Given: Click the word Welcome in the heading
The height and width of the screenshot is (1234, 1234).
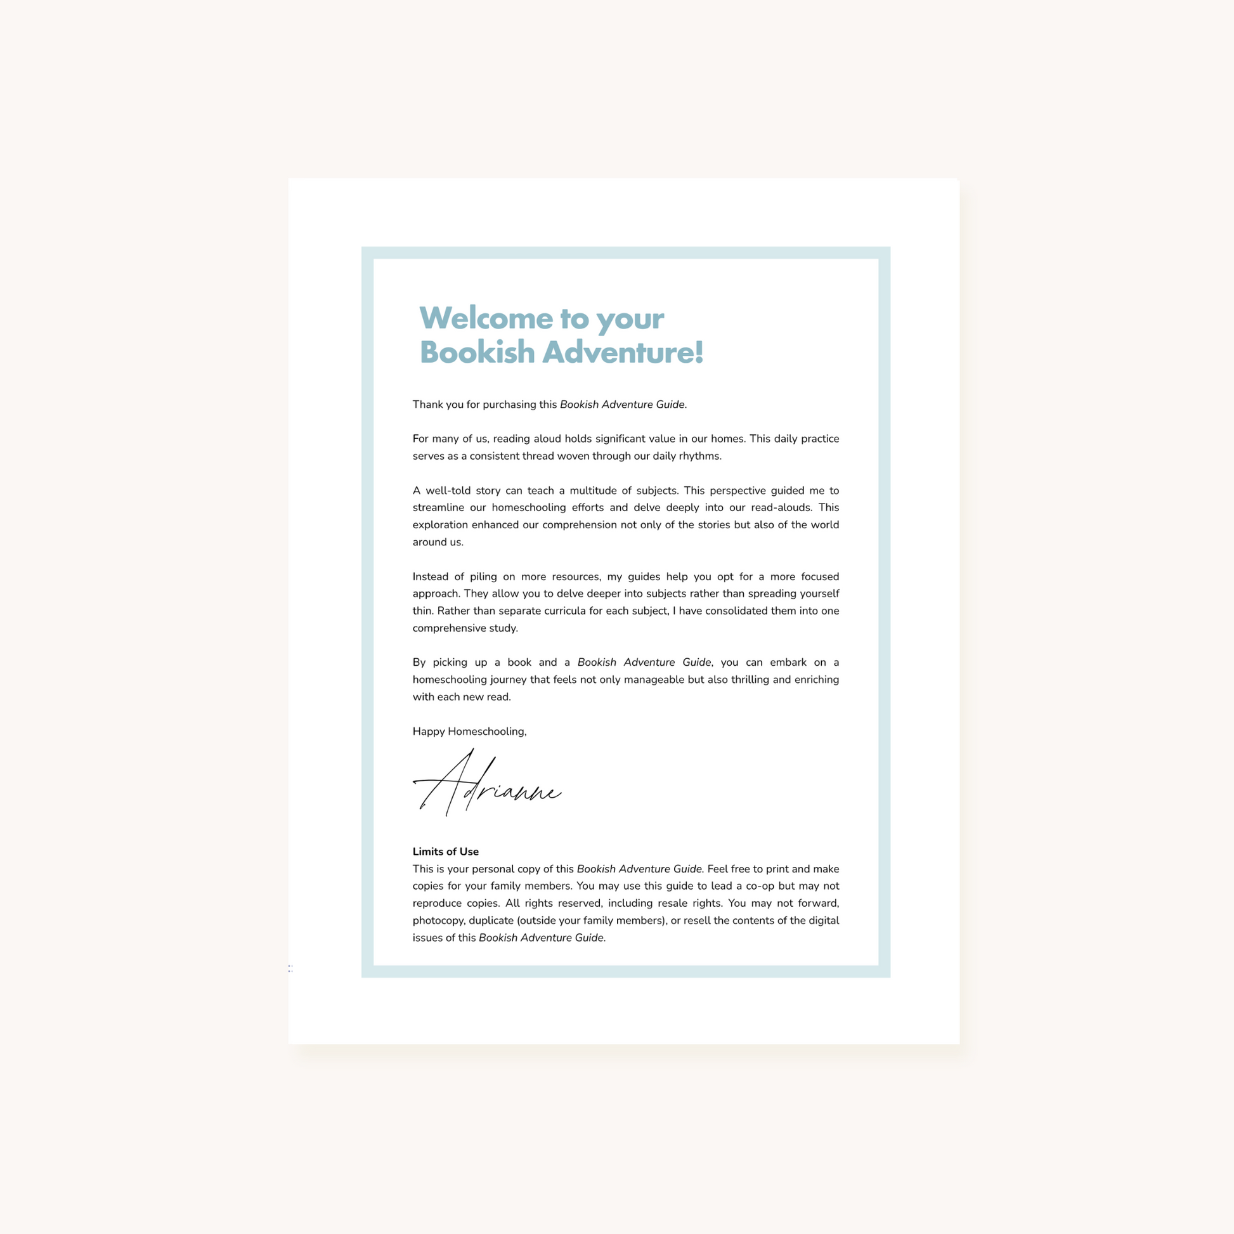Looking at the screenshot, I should (x=486, y=318).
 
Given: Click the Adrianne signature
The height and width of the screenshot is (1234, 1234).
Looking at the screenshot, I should (x=487, y=785).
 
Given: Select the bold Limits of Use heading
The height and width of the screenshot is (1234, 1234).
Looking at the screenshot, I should (x=445, y=852).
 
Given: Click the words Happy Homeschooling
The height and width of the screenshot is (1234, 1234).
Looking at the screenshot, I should (x=469, y=731).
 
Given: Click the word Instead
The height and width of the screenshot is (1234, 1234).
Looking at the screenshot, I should (x=430, y=576).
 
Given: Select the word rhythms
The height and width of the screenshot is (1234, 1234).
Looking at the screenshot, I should (x=699, y=456).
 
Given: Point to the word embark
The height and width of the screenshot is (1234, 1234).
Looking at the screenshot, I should (x=788, y=663).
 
